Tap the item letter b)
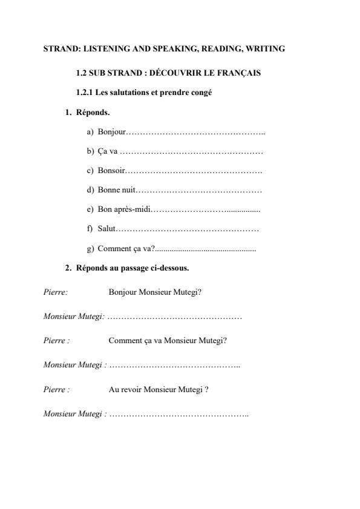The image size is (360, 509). (90, 151)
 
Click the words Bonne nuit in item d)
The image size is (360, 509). (115, 190)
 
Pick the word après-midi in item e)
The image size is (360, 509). (134, 209)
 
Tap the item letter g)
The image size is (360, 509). (90, 248)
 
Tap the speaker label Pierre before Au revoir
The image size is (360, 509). (55, 389)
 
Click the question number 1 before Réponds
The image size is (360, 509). (68, 113)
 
